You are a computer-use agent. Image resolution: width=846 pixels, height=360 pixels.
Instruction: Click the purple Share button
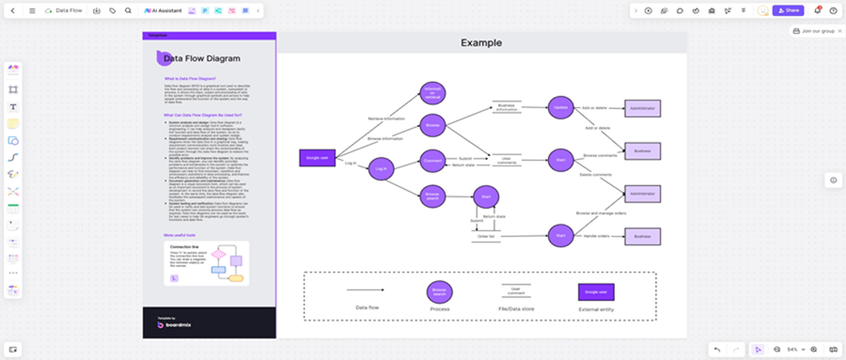point(788,10)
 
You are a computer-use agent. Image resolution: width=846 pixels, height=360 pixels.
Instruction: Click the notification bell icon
point(817,10)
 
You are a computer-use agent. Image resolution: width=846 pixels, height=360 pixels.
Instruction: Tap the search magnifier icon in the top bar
point(127,10)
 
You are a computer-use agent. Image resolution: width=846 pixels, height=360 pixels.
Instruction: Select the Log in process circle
point(381,169)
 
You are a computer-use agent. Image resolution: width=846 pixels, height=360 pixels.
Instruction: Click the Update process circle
point(560,108)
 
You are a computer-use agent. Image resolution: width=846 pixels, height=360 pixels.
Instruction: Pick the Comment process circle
point(432,160)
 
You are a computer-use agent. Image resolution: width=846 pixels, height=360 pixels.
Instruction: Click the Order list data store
point(486,236)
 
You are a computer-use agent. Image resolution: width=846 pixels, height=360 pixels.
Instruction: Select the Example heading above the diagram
point(480,43)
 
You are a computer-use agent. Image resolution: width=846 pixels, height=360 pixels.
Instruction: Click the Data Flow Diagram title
point(199,58)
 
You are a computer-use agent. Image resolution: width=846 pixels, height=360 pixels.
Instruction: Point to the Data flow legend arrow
point(366,290)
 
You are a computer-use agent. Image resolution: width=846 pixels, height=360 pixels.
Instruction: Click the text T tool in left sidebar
point(13,106)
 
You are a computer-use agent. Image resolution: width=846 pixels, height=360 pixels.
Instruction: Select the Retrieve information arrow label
point(386,119)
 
